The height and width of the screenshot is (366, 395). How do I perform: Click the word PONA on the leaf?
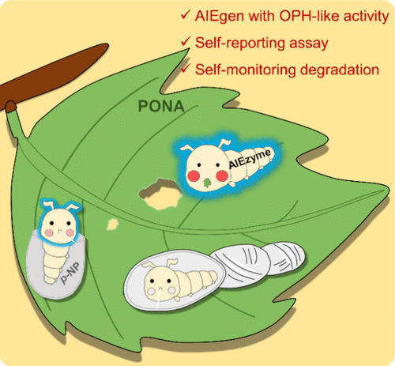(x=161, y=106)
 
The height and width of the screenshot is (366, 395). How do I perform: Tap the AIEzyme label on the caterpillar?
(x=250, y=159)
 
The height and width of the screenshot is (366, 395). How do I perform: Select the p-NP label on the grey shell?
(x=70, y=273)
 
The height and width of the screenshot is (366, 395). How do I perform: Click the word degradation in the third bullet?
(x=340, y=70)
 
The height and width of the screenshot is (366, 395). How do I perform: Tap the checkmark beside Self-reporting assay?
(x=186, y=42)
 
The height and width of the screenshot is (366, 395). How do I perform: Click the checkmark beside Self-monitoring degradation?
(x=186, y=68)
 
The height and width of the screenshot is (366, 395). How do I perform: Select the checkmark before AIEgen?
(x=186, y=15)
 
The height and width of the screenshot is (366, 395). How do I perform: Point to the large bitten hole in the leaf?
(x=160, y=194)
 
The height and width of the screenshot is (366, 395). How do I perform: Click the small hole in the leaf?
(x=112, y=225)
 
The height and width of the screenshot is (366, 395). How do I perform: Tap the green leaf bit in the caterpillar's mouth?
(x=208, y=182)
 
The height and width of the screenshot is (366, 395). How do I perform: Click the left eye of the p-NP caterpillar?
(x=52, y=223)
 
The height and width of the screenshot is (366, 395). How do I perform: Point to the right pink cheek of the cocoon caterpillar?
(x=172, y=290)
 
